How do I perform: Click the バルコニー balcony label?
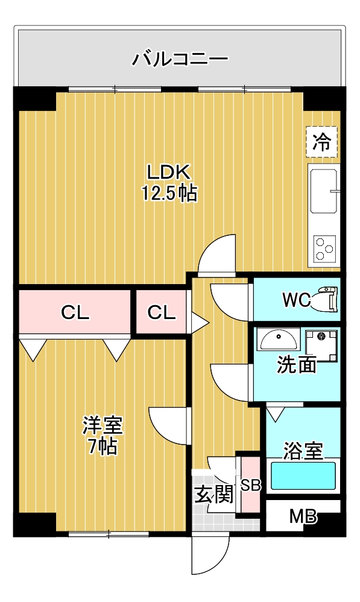(180, 59)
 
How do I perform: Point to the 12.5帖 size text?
(169, 193)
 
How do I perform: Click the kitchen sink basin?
(324, 191)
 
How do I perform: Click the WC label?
(296, 299)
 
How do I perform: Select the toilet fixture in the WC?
(326, 299)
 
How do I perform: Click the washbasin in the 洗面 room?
(277, 339)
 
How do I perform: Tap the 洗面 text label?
(296, 365)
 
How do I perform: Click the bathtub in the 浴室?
(303, 476)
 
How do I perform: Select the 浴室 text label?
(303, 449)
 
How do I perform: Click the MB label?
(303, 517)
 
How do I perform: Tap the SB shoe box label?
(250, 485)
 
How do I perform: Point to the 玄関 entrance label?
(213, 495)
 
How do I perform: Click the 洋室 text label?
(103, 426)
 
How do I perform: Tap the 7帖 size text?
(103, 447)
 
